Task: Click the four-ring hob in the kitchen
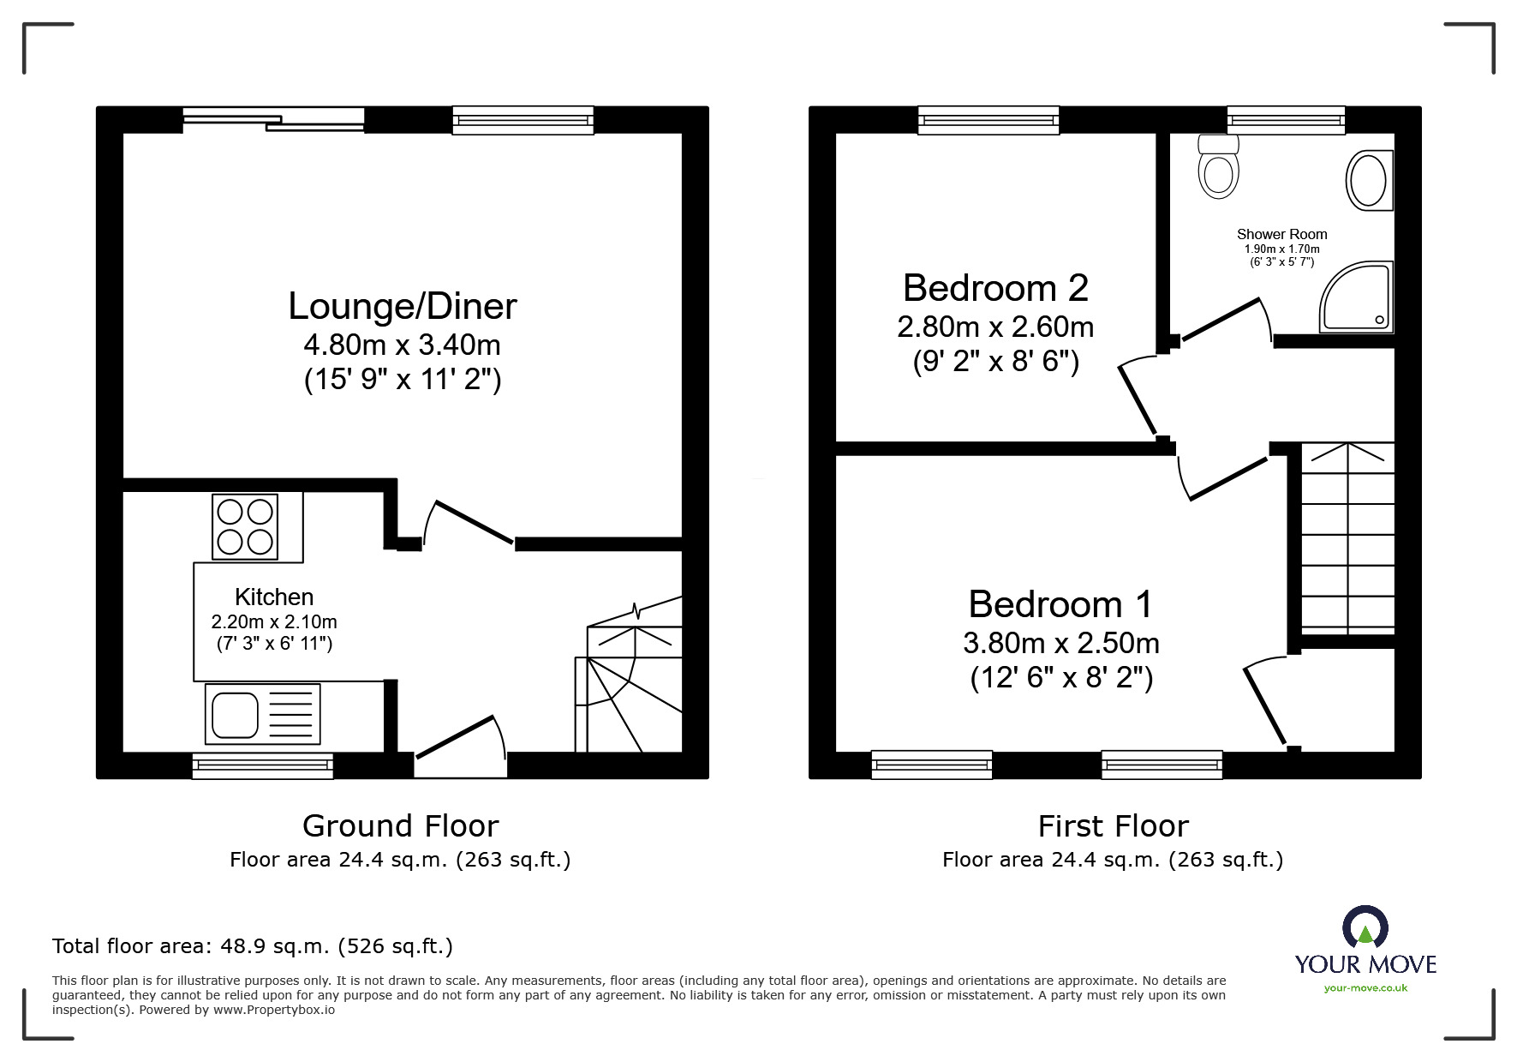click(245, 527)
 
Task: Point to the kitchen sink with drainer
click(262, 714)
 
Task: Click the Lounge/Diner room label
click(402, 306)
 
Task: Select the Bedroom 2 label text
click(995, 288)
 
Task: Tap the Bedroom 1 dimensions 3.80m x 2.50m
click(1060, 642)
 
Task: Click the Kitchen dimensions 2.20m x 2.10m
click(274, 621)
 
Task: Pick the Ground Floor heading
click(400, 825)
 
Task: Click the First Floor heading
click(1113, 825)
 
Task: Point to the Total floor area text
click(253, 946)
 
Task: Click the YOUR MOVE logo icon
click(1365, 927)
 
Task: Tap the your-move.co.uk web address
click(1365, 988)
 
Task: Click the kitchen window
click(262, 765)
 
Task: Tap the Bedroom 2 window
click(988, 120)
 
